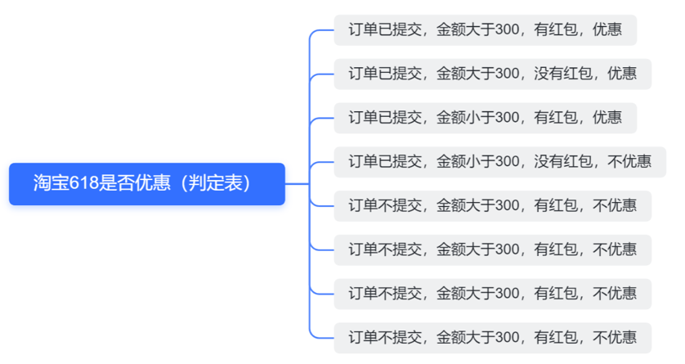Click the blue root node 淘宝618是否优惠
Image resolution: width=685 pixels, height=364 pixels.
pyautogui.click(x=147, y=183)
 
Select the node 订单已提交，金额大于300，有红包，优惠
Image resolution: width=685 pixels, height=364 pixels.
pyautogui.click(x=485, y=30)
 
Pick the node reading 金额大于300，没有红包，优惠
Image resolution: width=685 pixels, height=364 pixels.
pyautogui.click(x=492, y=74)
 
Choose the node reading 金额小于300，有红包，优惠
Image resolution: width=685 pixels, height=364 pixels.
pyautogui.click(x=485, y=117)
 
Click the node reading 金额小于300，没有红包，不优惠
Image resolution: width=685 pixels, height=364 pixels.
pyautogui.click(x=499, y=161)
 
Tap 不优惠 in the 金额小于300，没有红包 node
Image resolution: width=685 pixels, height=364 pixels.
pyautogui.click(x=629, y=161)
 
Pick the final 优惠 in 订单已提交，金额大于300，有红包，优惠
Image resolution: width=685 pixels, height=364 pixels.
pyautogui.click(x=607, y=30)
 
